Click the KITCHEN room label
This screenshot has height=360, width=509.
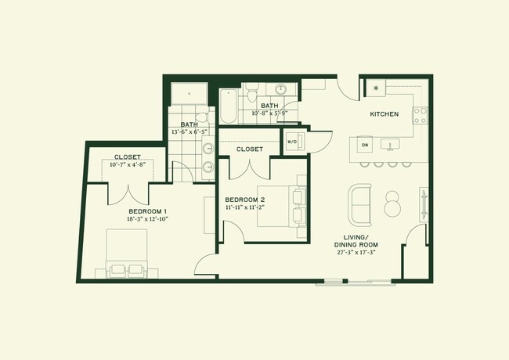point(384,114)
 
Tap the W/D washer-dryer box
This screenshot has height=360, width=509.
point(292,142)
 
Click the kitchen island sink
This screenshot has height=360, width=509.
point(390,144)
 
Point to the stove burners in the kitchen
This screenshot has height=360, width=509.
point(421,116)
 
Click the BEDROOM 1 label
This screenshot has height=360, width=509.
point(148,212)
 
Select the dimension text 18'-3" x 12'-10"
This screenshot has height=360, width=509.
point(148,219)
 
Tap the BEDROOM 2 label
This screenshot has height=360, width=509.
point(245,199)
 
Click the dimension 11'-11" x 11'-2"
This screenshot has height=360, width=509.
point(246,207)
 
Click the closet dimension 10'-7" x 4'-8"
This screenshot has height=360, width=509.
point(127,165)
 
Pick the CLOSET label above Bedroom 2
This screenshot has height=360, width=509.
point(249,149)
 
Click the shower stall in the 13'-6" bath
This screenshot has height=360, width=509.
point(187,93)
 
